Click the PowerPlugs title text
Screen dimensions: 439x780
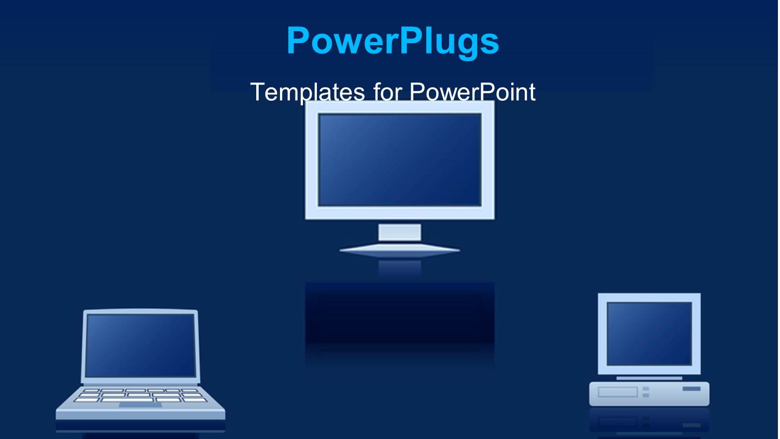(x=393, y=40)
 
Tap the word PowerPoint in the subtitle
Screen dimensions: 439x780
(x=472, y=92)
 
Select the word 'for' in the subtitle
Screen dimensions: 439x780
(x=387, y=92)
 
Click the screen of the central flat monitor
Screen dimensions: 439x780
(x=399, y=159)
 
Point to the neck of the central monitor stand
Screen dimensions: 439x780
(x=399, y=232)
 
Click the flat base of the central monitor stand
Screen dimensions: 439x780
(x=399, y=250)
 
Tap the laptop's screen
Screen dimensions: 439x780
(x=140, y=345)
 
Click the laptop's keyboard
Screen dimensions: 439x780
(x=140, y=395)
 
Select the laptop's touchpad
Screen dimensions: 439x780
(x=140, y=405)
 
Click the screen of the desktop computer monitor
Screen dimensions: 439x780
(x=649, y=334)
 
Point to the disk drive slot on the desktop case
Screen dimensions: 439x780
(x=617, y=392)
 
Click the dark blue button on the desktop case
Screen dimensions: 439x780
(x=691, y=389)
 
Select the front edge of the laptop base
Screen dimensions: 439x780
(x=140, y=415)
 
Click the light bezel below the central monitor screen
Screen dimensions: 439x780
(x=399, y=212)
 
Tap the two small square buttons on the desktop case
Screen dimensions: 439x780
(x=646, y=392)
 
